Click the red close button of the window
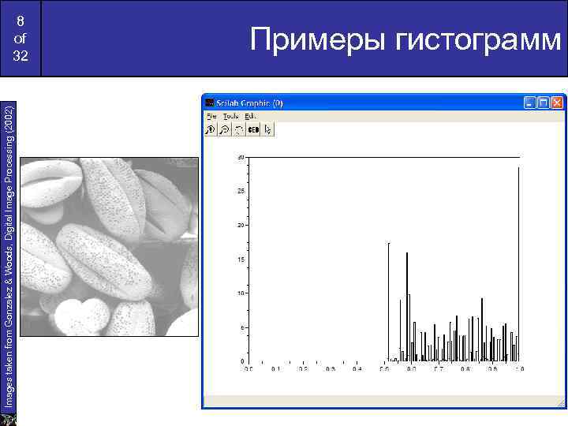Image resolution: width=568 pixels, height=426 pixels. pyautogui.click(x=559, y=103)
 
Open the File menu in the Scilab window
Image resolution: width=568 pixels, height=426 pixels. pyautogui.click(x=211, y=115)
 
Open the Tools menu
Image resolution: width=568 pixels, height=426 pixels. pyautogui.click(x=230, y=115)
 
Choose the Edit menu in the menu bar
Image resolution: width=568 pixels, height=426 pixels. pyautogui.click(x=250, y=115)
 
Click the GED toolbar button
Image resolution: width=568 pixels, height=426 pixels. pyautogui.click(x=253, y=129)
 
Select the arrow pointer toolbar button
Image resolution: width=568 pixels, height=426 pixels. pyautogui.click(x=268, y=129)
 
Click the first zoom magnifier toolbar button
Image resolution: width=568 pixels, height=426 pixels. pyautogui.click(x=211, y=129)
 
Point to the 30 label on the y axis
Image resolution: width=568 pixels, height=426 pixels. pyautogui.click(x=240, y=157)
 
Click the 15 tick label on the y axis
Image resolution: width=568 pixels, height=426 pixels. pyautogui.click(x=240, y=260)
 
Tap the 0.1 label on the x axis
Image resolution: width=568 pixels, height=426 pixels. pyautogui.click(x=275, y=368)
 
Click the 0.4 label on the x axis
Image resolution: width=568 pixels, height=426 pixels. pyautogui.click(x=357, y=368)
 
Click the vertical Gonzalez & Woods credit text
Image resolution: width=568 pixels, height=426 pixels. pyautogui.click(x=9, y=252)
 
